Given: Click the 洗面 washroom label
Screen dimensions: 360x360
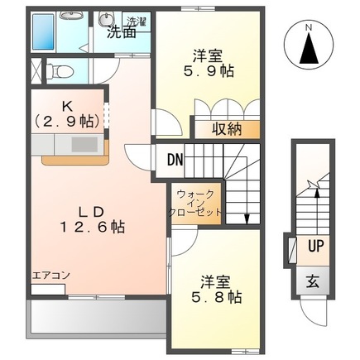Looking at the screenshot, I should pos(122,34).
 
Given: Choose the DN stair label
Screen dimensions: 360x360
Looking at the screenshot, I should pos(175,160).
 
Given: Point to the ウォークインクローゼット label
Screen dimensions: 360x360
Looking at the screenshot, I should pos(196,204).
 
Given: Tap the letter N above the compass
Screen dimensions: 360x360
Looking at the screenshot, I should pos(309,27).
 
